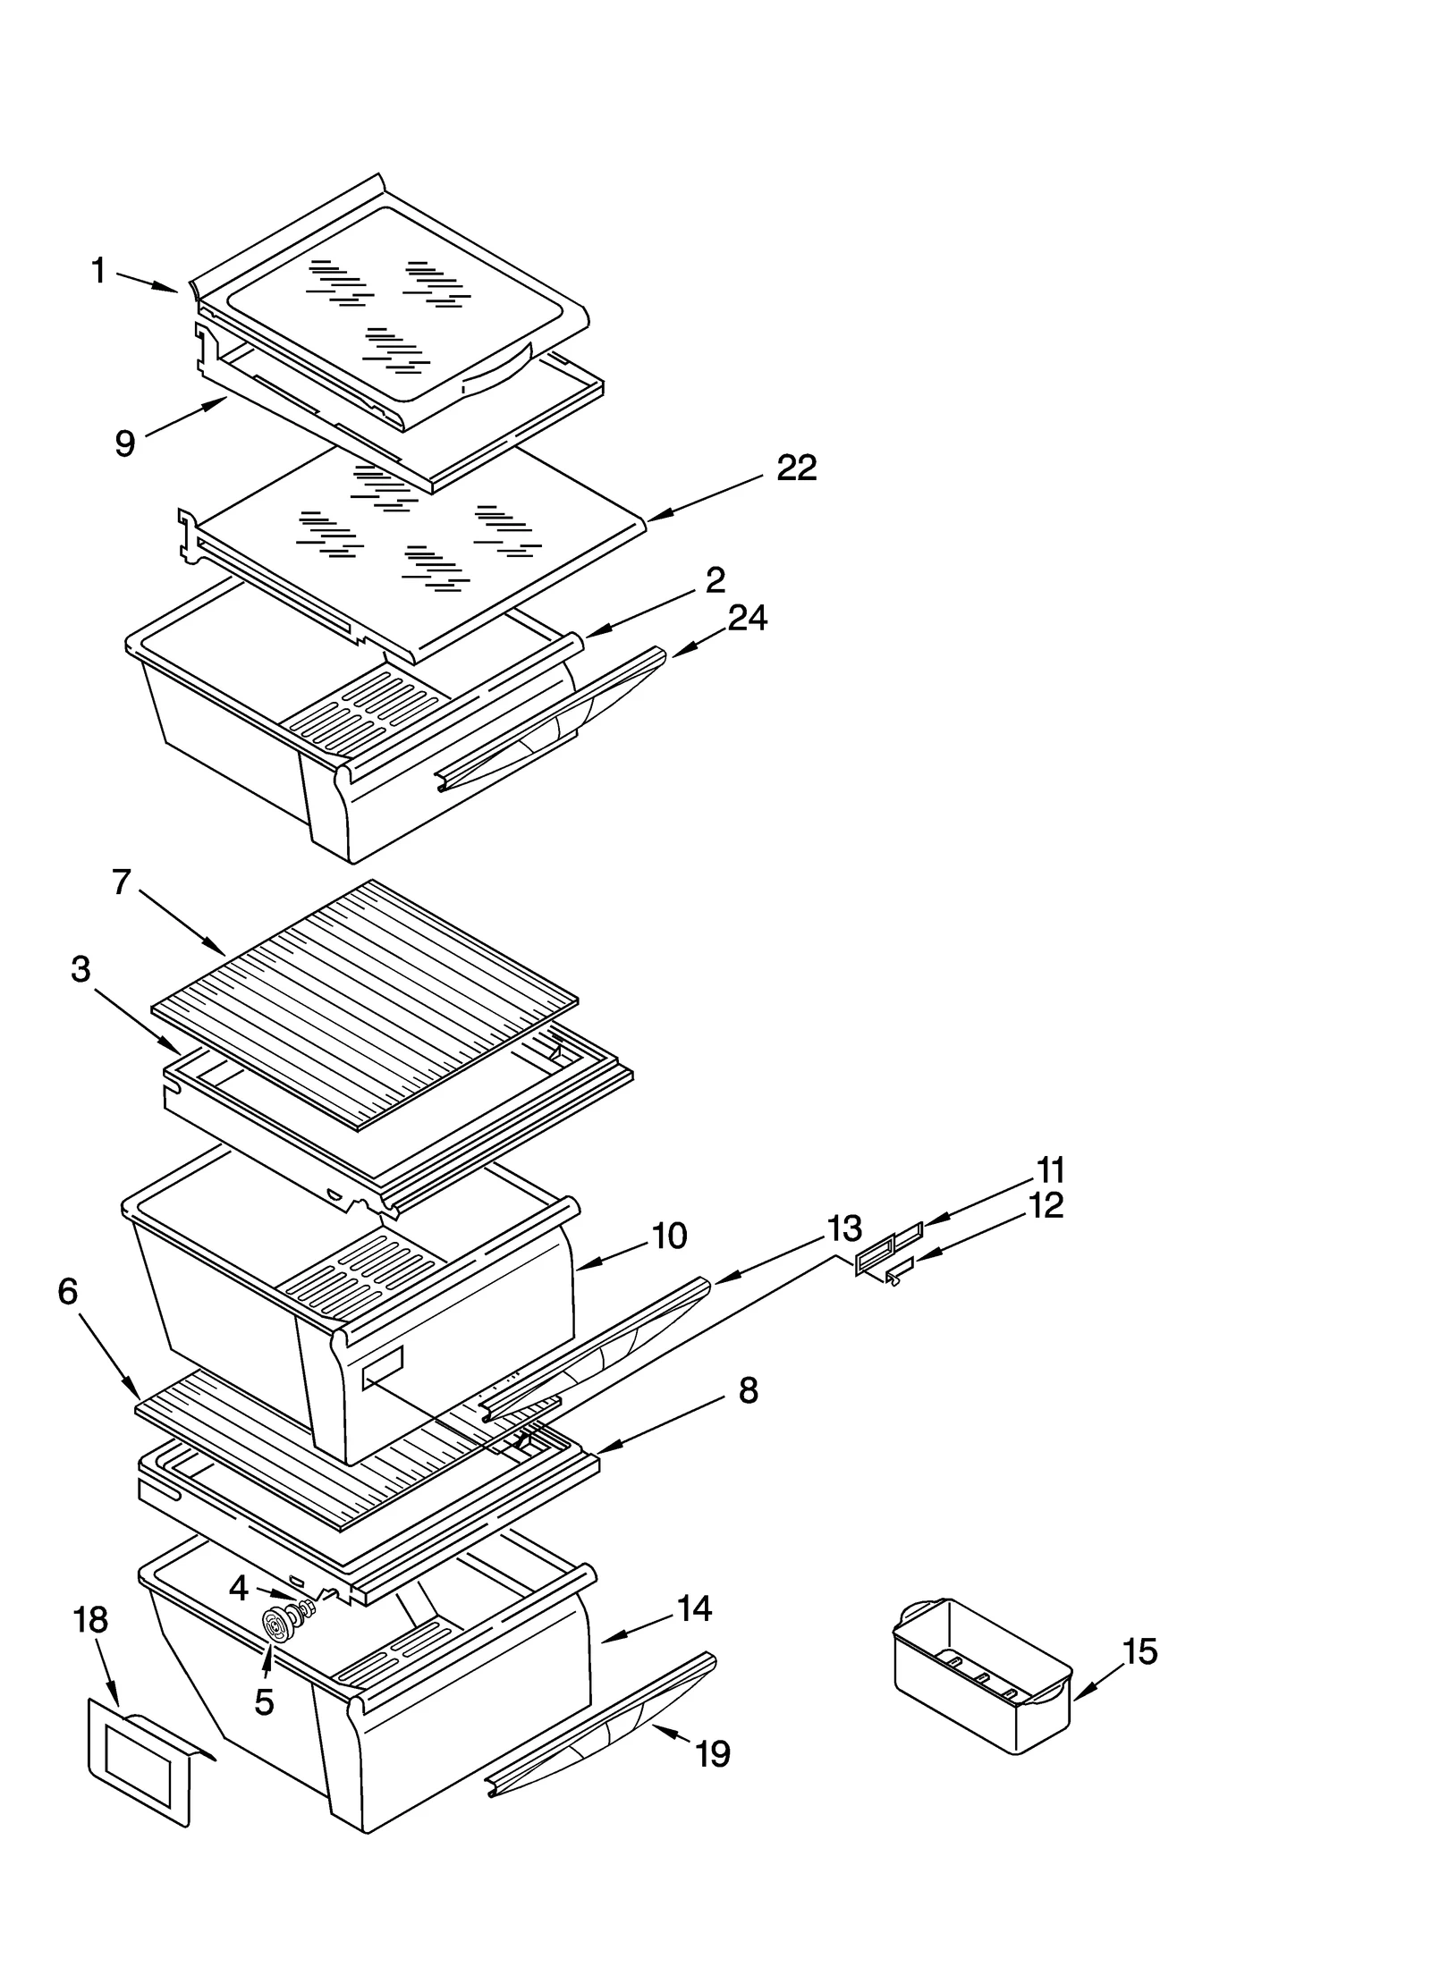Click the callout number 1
click(x=99, y=270)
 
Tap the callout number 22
click(x=796, y=468)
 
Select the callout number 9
click(x=125, y=443)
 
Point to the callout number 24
click(x=747, y=618)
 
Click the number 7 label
click(x=123, y=882)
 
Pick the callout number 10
click(x=669, y=1236)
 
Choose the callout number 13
click(x=844, y=1228)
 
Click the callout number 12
click(x=1046, y=1205)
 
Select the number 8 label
click(x=749, y=1390)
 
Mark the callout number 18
click(x=90, y=1619)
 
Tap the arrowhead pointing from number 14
click(x=603, y=1639)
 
